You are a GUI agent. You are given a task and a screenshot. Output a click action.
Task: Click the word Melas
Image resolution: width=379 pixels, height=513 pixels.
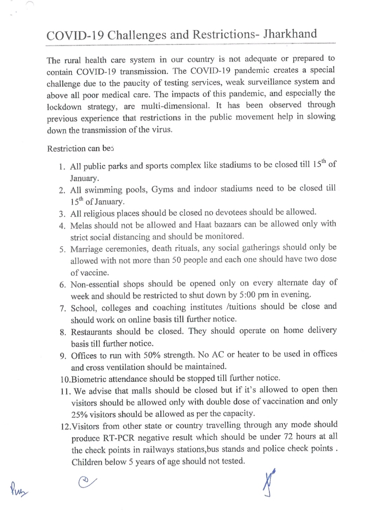[x=81, y=225]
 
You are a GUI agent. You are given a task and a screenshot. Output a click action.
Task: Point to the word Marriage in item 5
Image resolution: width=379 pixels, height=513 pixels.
[x=87, y=249]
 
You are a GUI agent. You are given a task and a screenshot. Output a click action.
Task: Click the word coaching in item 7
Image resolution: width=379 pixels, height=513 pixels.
[x=169, y=308]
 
